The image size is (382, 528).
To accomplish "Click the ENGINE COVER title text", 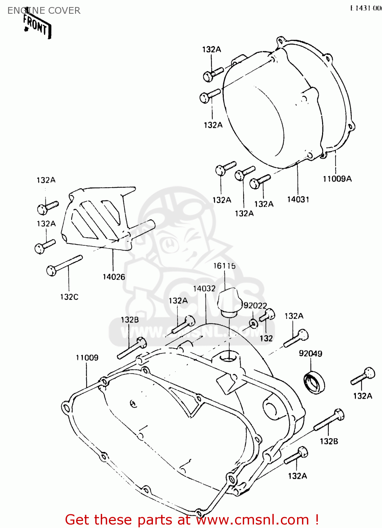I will point(44,11).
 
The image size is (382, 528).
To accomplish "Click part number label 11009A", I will point(337,179).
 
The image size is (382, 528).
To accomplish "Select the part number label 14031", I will point(298,200).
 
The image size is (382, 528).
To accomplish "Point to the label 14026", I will point(113,277).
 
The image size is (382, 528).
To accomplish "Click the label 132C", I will point(69,297).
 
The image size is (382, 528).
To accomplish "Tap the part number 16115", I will point(224,266).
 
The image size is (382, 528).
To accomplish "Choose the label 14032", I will point(204,289).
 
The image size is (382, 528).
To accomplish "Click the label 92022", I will point(255,306).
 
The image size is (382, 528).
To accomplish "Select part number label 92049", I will point(310,353).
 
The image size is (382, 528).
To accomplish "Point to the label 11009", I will point(87,358).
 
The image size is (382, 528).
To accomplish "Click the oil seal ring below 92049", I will point(314,383).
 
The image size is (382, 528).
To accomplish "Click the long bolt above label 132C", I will point(64,266).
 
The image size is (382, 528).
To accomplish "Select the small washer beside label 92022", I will point(253,323).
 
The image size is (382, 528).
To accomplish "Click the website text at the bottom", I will point(192,520).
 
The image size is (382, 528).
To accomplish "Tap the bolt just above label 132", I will point(267,315).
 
